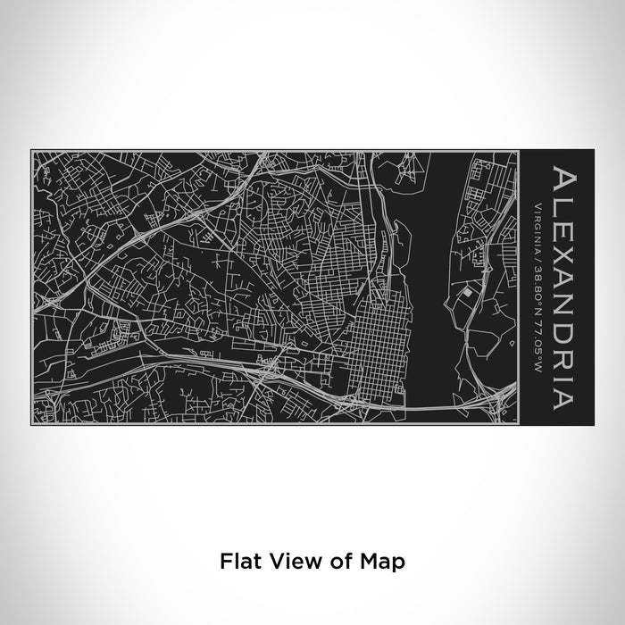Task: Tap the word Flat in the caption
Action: (237, 562)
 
